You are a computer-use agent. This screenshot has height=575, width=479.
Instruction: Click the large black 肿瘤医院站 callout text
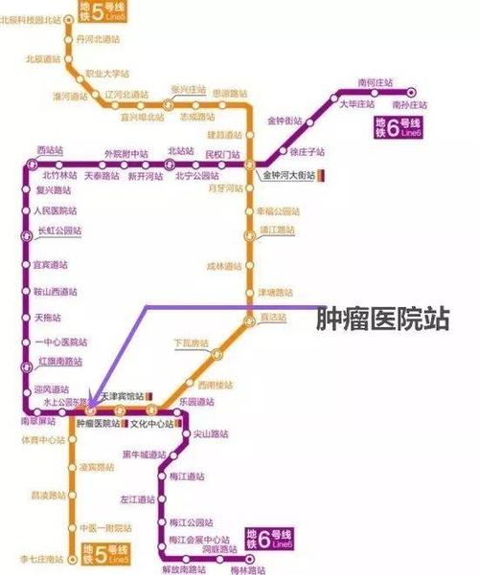(x=382, y=319)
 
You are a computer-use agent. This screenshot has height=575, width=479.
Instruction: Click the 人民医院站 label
(x=55, y=210)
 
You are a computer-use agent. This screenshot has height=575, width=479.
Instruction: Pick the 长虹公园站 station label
(x=58, y=231)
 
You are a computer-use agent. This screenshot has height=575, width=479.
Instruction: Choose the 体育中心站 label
(x=43, y=441)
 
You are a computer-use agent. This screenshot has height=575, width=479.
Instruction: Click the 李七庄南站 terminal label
(x=40, y=557)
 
